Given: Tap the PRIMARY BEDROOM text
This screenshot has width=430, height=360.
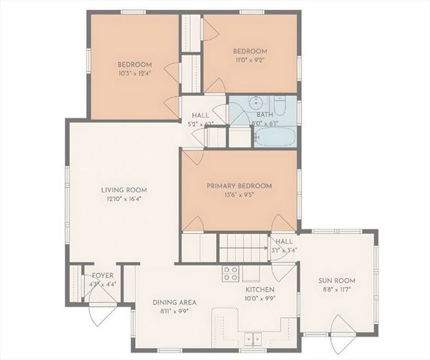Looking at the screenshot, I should [x=239, y=186].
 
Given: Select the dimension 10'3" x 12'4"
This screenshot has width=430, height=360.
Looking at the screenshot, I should [x=134, y=73].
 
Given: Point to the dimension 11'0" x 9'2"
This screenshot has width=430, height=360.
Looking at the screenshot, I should [x=250, y=61].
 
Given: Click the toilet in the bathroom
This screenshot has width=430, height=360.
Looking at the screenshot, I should [x=280, y=106].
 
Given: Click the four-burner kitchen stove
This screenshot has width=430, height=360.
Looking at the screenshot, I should [x=231, y=273].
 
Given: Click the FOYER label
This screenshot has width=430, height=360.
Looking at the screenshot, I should [x=98, y=275].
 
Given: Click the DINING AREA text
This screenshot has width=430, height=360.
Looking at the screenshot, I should [x=175, y=302].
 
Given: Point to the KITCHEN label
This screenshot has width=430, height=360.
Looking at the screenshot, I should [x=260, y=289].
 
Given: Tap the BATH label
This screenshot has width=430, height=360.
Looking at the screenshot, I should [x=263, y=115].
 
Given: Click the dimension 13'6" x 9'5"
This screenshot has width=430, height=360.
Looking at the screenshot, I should [x=239, y=196].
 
